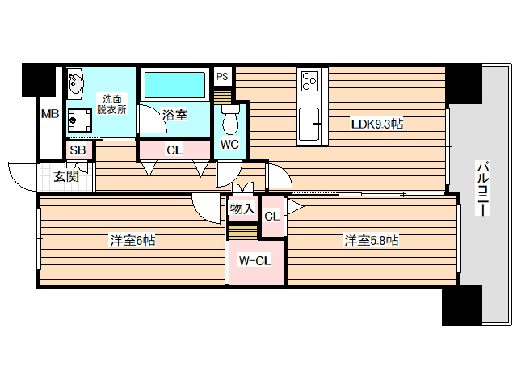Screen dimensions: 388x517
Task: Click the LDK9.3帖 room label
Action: (376, 124)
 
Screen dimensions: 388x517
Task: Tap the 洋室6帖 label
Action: (132, 240)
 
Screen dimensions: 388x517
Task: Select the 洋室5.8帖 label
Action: (371, 240)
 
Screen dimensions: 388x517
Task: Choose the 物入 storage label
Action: (242, 209)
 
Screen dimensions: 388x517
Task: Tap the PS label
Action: (223, 77)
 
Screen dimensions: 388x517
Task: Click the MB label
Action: (50, 113)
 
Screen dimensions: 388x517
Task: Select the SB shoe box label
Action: (78, 150)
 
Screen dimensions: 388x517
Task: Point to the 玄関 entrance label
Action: (66, 177)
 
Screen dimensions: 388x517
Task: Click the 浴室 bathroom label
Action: (174, 115)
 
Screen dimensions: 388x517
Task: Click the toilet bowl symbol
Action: (229, 122)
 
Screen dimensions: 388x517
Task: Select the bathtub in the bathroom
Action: (174, 85)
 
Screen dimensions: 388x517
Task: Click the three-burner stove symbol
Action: (309, 81)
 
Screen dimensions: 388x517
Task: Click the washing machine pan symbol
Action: (80, 120)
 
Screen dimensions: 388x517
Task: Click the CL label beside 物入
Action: (271, 216)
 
